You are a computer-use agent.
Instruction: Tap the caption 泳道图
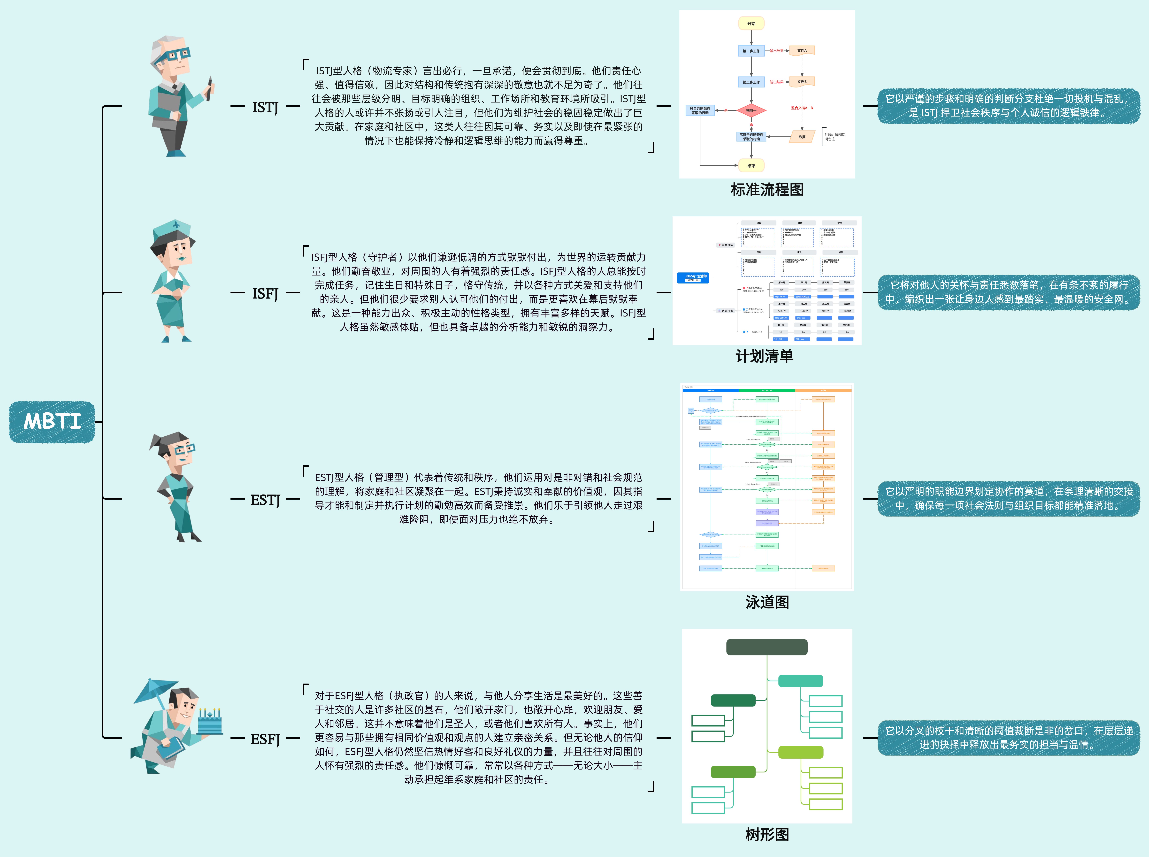(767, 602)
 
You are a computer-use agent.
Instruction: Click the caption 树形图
(767, 834)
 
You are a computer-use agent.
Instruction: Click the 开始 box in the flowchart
(751, 23)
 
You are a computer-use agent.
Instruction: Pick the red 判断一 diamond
(751, 110)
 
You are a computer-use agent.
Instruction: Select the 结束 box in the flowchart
(751, 165)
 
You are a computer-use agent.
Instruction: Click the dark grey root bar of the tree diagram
(766, 647)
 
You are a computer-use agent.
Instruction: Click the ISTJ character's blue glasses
(176, 55)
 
